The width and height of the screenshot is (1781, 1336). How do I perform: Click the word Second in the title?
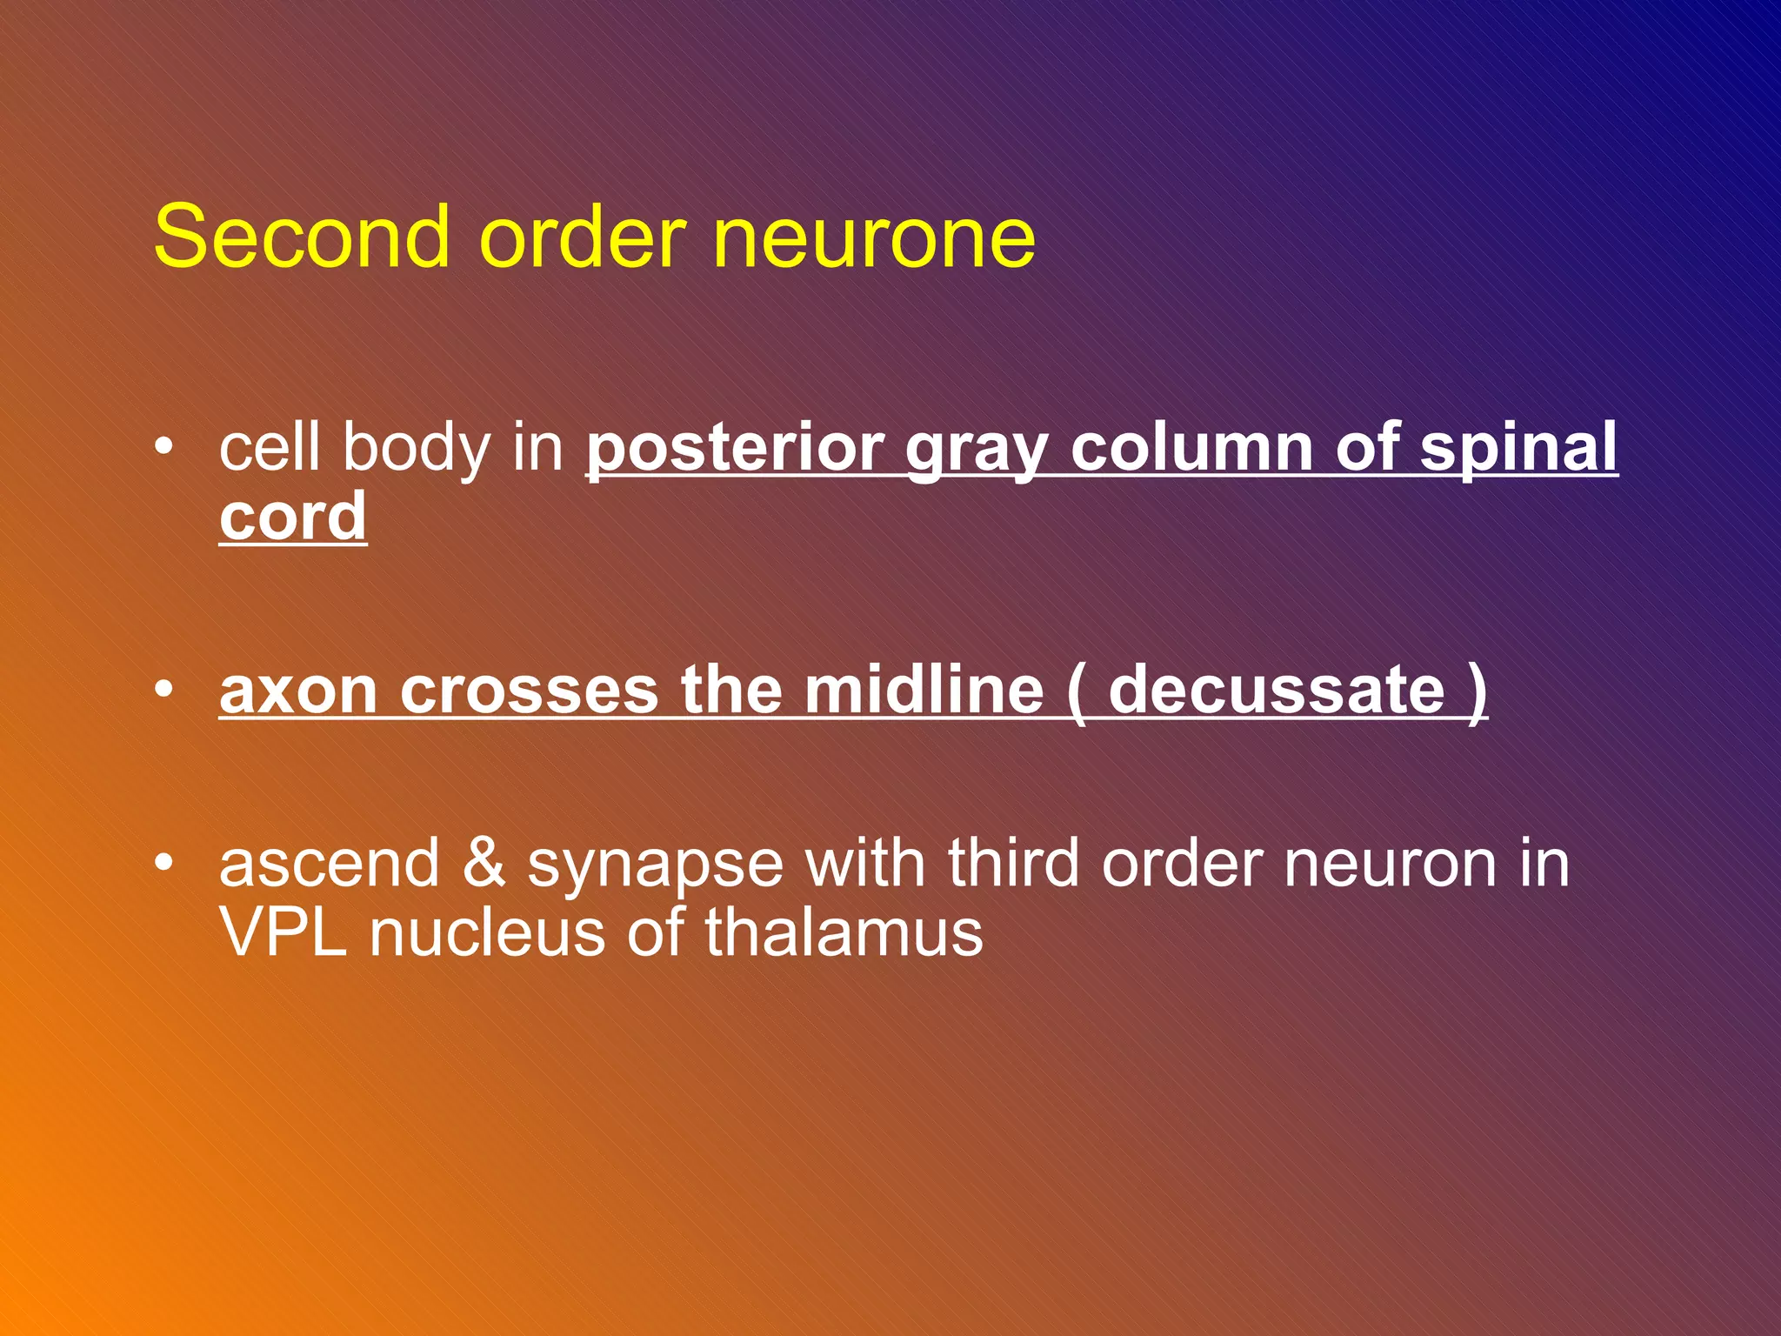pyautogui.click(x=302, y=237)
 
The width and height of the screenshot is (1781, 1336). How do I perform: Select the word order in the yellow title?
pyautogui.click(x=583, y=237)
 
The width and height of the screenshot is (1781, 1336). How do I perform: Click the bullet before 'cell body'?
pyautogui.click(x=163, y=447)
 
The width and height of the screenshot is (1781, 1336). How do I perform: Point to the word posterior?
pyautogui.click(x=736, y=449)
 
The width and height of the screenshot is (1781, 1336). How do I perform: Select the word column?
pyautogui.click(x=1191, y=447)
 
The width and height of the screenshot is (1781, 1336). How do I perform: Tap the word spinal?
pyautogui.click(x=1518, y=449)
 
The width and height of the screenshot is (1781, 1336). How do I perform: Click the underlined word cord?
pyautogui.click(x=292, y=517)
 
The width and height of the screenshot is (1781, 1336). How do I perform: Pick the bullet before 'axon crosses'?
pyautogui.click(x=163, y=690)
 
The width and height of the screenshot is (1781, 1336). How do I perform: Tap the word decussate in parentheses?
pyautogui.click(x=1277, y=690)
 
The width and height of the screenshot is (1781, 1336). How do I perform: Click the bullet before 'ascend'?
pyautogui.click(x=163, y=863)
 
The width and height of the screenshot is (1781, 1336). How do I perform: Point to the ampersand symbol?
pyautogui.click(x=484, y=863)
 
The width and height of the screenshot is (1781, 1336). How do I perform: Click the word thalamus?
pyautogui.click(x=844, y=932)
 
